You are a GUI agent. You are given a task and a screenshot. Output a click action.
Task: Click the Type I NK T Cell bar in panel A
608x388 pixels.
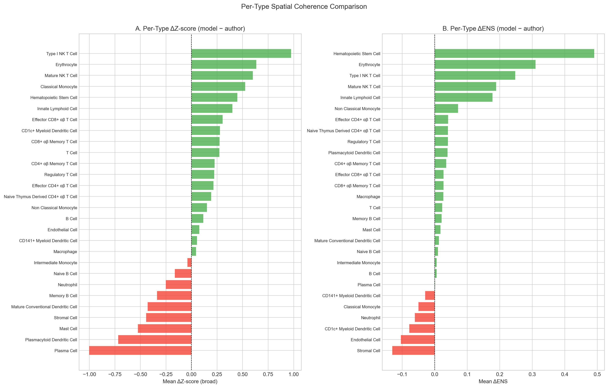[x=241, y=53]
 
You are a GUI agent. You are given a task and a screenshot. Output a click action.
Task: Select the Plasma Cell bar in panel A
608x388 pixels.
[x=140, y=350]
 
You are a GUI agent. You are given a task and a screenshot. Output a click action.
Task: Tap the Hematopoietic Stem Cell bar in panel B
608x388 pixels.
[x=514, y=53]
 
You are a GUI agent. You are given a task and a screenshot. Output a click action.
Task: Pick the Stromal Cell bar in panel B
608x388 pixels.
[x=413, y=350]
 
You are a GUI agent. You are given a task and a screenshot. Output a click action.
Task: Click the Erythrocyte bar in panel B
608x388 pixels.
[x=485, y=64]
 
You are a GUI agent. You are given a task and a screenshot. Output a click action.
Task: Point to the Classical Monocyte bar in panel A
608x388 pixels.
[x=218, y=87]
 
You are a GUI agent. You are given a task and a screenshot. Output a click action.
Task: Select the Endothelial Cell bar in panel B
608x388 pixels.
[x=418, y=339]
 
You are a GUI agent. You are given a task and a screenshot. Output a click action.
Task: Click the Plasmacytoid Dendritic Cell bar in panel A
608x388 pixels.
[x=155, y=339]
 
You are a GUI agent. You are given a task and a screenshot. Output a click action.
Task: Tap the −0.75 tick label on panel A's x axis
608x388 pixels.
[x=115, y=374]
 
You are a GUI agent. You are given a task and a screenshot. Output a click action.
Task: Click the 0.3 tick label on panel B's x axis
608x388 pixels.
[x=532, y=374]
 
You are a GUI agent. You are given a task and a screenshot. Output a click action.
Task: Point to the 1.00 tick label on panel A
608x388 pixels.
[x=293, y=374]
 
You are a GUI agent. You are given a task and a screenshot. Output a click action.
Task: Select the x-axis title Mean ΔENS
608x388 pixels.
[x=493, y=381]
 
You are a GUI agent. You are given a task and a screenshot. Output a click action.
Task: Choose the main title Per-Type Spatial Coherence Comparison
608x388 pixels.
[x=304, y=7]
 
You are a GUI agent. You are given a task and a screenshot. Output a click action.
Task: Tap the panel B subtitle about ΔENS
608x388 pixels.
[x=493, y=29]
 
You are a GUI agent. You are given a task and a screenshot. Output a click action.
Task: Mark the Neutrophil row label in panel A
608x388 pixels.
[x=67, y=285]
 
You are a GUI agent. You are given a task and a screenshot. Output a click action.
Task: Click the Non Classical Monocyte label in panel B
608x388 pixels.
[x=357, y=109]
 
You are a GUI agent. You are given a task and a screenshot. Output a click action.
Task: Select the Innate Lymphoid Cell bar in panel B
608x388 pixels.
[x=463, y=97]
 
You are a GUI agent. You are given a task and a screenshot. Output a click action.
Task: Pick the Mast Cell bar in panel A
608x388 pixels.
[x=164, y=328]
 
